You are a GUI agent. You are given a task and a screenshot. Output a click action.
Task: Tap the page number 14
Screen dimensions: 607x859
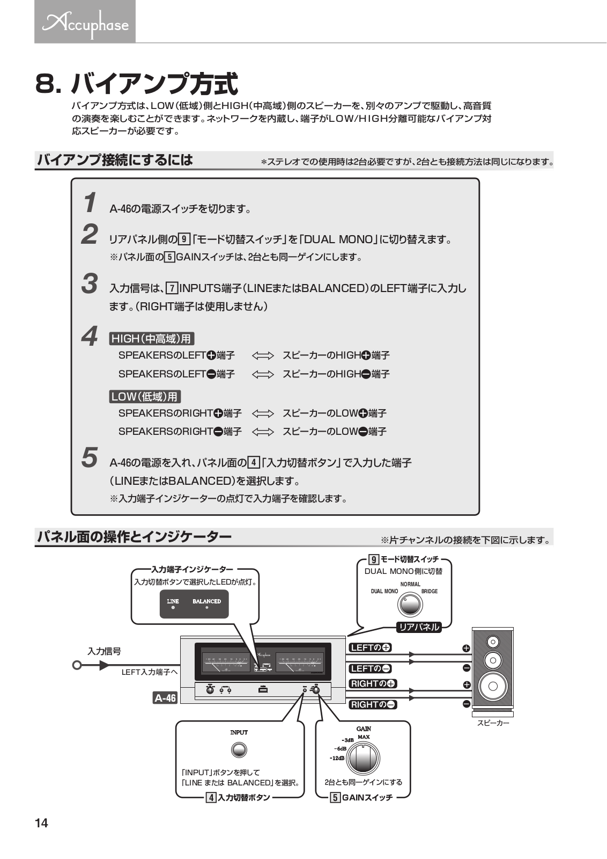[41, 823]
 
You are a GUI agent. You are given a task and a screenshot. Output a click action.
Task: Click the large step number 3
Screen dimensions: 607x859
[90, 284]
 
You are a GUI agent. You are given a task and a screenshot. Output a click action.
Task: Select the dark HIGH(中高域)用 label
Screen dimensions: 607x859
[151, 339]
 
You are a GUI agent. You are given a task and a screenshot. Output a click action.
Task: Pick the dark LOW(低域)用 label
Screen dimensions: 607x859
[145, 397]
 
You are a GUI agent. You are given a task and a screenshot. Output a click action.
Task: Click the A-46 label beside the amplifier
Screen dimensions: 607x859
[165, 698]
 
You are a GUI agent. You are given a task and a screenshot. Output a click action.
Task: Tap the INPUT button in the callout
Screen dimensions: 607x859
[239, 750]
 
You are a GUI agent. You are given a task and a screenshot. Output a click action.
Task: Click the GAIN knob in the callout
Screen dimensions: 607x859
[363, 759]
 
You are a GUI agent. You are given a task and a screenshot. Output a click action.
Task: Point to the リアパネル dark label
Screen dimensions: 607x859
[419, 627]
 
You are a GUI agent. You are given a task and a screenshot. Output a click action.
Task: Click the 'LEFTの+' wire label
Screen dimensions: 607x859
[371, 647]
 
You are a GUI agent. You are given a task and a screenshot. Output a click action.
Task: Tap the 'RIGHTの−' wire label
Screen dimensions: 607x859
[373, 704]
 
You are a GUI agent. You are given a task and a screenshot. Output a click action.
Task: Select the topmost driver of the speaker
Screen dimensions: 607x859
[493, 642]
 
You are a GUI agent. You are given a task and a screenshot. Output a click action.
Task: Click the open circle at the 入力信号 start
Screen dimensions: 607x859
[77, 666]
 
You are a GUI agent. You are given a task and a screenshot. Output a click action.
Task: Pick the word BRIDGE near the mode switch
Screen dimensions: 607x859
[429, 591]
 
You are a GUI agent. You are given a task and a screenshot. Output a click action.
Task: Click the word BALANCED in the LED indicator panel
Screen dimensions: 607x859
[206, 601]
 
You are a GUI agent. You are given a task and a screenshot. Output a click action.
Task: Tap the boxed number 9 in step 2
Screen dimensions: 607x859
[184, 239]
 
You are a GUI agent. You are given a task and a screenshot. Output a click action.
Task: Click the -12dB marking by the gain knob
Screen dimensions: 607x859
[337, 759]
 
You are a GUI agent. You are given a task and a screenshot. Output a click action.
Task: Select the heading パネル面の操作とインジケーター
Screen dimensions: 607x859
[134, 536]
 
